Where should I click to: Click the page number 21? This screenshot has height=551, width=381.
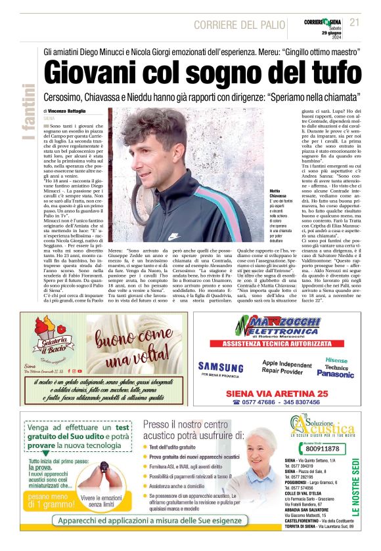(355, 22)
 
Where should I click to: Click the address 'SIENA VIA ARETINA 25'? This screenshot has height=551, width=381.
(277, 394)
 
